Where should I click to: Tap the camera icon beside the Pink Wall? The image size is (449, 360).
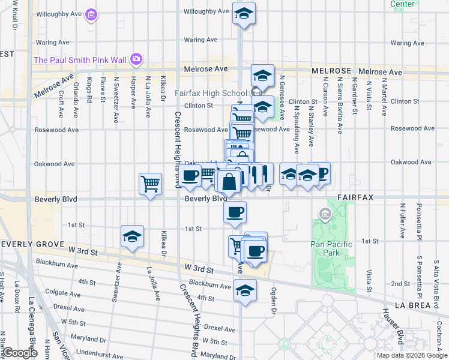tap(136, 59)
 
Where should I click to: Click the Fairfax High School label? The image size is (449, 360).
tap(211, 93)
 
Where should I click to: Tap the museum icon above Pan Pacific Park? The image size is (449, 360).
tap(325, 213)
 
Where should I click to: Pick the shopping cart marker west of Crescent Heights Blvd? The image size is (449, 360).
tap(150, 183)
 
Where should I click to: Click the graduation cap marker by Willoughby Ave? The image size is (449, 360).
tap(244, 13)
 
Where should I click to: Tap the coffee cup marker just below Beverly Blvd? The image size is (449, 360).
tap(235, 211)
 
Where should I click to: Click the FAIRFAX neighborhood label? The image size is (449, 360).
tap(360, 197)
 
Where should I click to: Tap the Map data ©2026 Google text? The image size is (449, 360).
tap(411, 355)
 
